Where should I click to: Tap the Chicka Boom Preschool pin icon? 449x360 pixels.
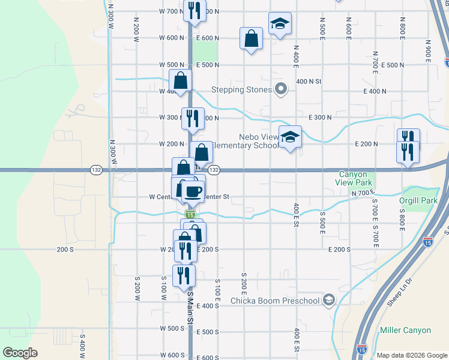tap(328, 300)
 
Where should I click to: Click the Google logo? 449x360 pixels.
tap(20, 353)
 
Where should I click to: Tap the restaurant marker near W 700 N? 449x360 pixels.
tap(194, 10)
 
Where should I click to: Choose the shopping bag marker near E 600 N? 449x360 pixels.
tap(251, 38)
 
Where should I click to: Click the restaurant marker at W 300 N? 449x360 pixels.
tap(193, 118)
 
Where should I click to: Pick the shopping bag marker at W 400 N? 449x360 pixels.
tap(180, 80)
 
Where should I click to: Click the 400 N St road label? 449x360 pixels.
tap(310, 81)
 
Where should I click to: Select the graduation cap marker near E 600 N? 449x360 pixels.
tap(279, 24)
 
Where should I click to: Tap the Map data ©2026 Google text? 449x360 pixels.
tap(411, 355)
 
